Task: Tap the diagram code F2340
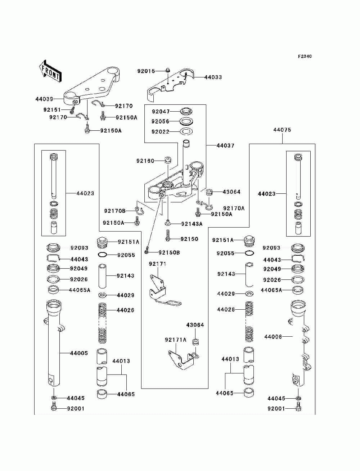tap(305, 57)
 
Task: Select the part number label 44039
tap(44, 99)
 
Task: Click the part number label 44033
tap(213, 77)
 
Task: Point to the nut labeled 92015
tap(168, 70)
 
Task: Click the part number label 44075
tap(282, 130)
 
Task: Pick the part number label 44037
tap(225, 145)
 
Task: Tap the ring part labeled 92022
tap(186, 131)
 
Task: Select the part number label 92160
tap(145, 161)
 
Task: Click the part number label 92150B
tap(169, 252)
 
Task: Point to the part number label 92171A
tap(175, 340)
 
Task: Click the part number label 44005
tap(79, 353)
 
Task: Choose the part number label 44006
tap(273, 337)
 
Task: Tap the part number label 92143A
tap(192, 224)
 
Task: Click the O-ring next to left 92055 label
tap(103, 255)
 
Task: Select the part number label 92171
tap(158, 264)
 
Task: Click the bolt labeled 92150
tap(168, 235)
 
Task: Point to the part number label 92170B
tap(115, 211)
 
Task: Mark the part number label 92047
tap(161, 112)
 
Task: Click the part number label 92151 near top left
tap(52, 110)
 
